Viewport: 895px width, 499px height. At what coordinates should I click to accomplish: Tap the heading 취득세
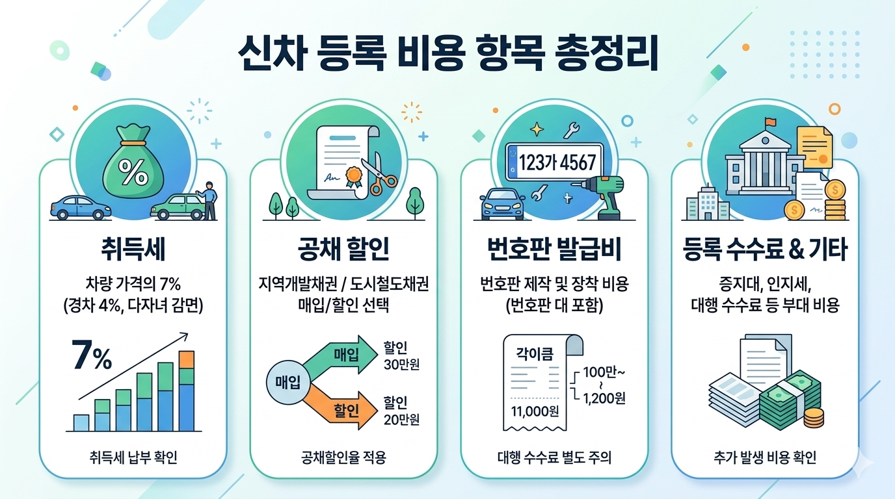[x=133, y=249]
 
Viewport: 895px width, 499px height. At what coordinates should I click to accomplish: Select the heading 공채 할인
[x=343, y=249]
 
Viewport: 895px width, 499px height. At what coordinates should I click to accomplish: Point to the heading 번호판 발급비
[x=554, y=249]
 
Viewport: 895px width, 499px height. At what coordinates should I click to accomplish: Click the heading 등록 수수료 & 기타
[x=765, y=249]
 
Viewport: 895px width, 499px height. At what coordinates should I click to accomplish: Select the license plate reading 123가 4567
[x=555, y=161]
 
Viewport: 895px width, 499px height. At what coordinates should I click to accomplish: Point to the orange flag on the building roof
[x=771, y=122]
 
